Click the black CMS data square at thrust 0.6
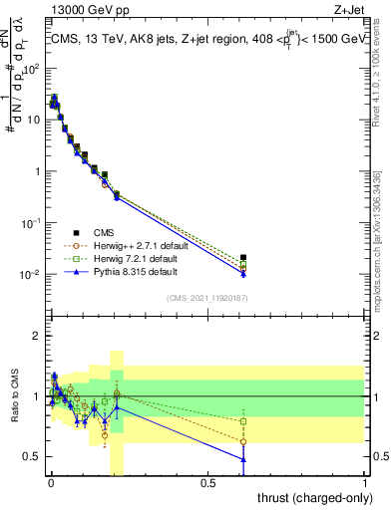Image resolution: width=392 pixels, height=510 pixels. point(243,257)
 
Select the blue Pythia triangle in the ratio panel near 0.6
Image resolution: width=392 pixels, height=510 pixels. point(243,459)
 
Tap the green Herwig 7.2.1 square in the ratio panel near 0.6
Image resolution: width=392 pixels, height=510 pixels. point(243,421)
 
